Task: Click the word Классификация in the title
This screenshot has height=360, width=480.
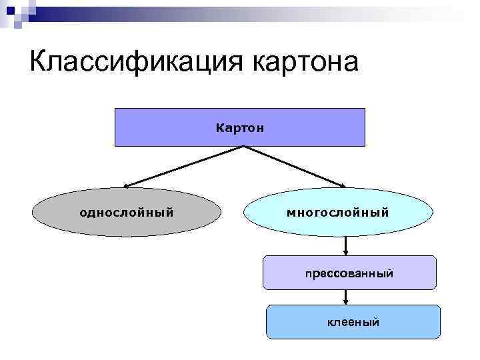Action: coord(137,61)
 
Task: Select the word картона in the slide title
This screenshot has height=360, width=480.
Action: coord(306,61)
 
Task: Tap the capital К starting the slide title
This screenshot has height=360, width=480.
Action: coord(39,61)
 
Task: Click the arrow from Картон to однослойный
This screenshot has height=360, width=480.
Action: coord(180,167)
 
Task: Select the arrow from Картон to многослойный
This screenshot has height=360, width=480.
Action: coord(297,167)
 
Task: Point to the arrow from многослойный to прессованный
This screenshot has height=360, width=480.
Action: coord(346,246)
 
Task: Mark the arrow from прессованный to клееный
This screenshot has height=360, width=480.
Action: coord(346,297)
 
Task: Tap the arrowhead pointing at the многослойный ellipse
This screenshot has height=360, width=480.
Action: coord(343,186)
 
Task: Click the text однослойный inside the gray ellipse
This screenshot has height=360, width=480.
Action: coord(127,213)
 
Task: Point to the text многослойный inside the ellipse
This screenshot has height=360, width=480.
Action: coord(337,213)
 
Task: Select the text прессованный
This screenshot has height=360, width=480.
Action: coord(349,273)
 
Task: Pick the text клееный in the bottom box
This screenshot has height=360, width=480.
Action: coord(353,323)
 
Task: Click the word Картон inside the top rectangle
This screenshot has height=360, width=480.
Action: coord(240,127)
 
